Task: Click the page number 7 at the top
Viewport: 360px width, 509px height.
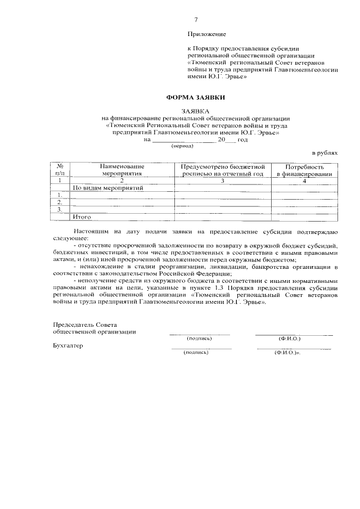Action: [196, 20]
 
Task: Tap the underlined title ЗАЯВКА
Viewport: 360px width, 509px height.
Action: [195, 111]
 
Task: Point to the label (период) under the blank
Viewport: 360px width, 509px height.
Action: [182, 146]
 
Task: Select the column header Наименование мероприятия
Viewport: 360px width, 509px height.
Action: [122, 170]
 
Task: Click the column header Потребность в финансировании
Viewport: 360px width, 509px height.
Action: [304, 170]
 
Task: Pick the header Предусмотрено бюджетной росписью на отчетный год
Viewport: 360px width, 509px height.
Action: [222, 170]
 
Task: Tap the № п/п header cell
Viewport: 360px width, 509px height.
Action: [60, 170]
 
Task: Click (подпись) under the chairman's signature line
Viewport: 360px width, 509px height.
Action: [199, 339]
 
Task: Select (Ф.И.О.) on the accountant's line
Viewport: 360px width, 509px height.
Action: [287, 352]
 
